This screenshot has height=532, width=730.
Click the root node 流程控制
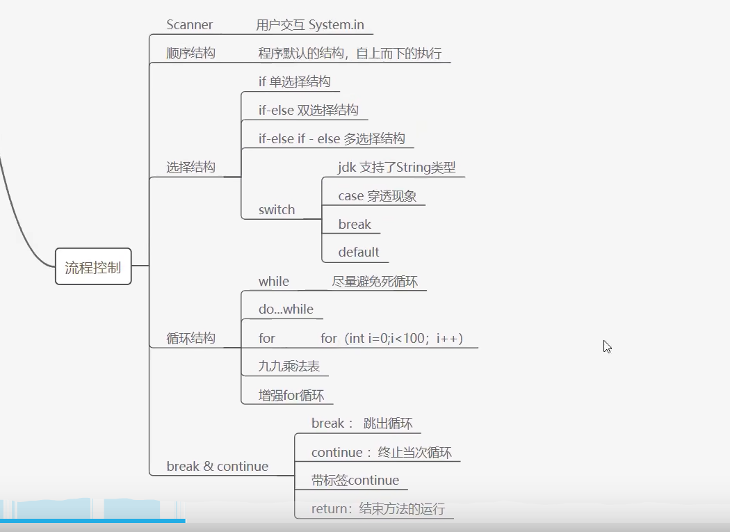pos(92,268)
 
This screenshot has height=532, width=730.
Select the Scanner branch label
pos(189,25)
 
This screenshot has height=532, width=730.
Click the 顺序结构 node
pos(190,54)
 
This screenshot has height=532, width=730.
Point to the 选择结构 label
pos(190,168)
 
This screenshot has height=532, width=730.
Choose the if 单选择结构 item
pos(294,82)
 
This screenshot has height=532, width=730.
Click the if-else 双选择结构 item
pos(308,110)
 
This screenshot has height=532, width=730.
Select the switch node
pos(276,210)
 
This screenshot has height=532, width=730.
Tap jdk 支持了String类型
pos(396,168)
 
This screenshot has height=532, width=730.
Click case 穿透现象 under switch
pos(377,196)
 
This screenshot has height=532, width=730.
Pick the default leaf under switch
pos(359,252)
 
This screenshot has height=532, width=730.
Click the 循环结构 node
pos(190,339)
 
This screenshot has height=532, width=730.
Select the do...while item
pos(286,309)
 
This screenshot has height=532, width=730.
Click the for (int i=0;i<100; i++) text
pos(391,339)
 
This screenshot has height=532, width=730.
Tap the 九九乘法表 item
pos(289,366)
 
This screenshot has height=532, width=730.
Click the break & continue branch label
pos(217,467)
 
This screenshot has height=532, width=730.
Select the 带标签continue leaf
pos(355,481)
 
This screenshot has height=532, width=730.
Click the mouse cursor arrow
pos(607,346)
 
